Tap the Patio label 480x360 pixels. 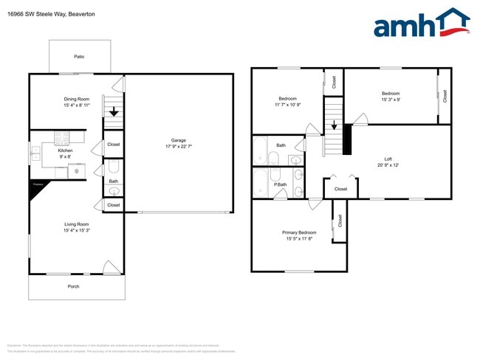pyautogui.click(x=78, y=56)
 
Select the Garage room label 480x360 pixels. pyautogui.click(x=178, y=140)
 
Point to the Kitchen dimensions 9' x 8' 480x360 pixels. pyautogui.click(x=66, y=156)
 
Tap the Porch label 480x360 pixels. pyautogui.click(x=73, y=286)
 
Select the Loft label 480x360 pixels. pyautogui.click(x=388, y=159)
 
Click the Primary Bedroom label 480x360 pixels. pyautogui.click(x=298, y=232)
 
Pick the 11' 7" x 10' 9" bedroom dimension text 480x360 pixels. pyautogui.click(x=287, y=105)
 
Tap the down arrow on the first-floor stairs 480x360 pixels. pyautogui.click(x=113, y=112)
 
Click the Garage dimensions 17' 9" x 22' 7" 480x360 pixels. pyautogui.click(x=178, y=147)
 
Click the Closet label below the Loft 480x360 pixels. pyautogui.click(x=340, y=189)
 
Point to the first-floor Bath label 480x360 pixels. pyautogui.click(x=113, y=181)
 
